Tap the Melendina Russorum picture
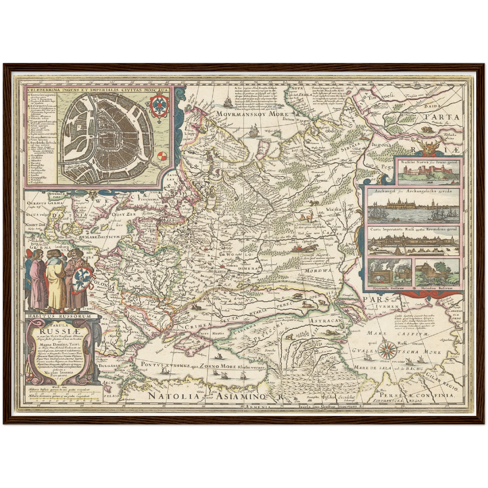click(x=437, y=273)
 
